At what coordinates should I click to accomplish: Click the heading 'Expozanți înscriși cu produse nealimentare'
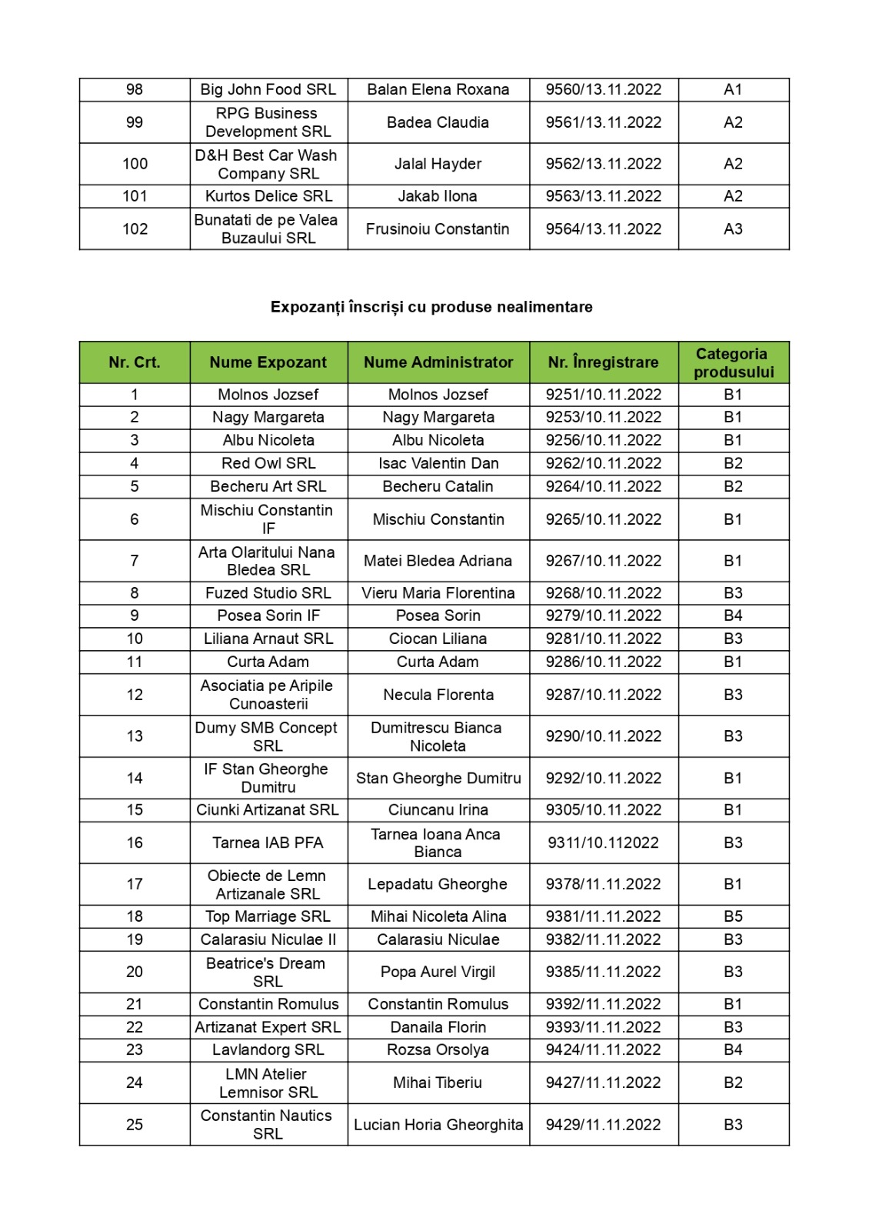(431, 307)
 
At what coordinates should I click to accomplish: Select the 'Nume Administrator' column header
(438, 362)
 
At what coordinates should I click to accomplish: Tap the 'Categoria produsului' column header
(733, 362)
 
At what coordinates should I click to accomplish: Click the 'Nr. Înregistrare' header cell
(603, 362)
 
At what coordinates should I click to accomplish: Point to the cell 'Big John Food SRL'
(268, 89)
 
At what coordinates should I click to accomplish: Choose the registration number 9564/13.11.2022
(603, 229)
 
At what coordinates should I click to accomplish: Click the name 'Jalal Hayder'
(438, 164)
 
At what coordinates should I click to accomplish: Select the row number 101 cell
(135, 196)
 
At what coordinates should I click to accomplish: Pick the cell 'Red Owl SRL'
(268, 463)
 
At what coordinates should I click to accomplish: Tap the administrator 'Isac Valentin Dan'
(438, 463)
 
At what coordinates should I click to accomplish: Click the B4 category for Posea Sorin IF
(733, 615)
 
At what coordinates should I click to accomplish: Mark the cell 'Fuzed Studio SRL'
(268, 593)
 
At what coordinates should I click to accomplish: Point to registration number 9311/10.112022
(603, 842)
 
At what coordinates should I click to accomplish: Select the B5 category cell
(733, 916)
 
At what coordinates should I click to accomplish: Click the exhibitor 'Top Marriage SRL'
(268, 916)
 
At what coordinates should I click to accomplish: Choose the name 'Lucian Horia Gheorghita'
(438, 1125)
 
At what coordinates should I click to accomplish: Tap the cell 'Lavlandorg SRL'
(268, 1049)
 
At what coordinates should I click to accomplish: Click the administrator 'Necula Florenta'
(438, 695)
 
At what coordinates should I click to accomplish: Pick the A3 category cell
(733, 229)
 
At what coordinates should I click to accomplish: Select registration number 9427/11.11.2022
(603, 1083)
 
